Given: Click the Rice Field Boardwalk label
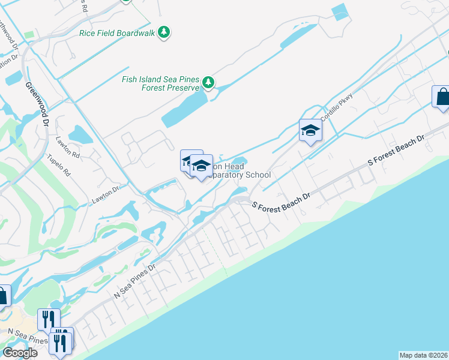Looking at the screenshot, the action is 117,32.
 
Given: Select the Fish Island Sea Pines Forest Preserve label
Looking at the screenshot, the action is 160,83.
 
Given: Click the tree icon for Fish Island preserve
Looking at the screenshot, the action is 208,82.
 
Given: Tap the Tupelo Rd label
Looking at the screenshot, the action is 59,166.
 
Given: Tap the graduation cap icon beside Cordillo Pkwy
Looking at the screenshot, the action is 310,130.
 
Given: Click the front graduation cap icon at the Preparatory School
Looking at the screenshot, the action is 201,166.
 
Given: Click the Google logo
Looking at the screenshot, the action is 20,353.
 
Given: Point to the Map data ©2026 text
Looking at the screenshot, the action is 424,355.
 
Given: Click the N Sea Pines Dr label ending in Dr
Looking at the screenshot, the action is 136,281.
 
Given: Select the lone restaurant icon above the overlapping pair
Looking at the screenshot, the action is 49,319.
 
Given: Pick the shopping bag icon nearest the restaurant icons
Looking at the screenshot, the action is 2,296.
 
